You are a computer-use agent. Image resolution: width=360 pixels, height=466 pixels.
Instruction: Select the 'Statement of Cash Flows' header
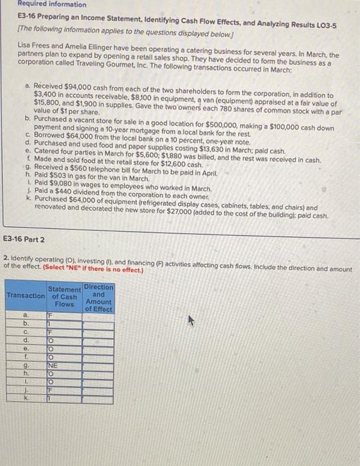(64, 296)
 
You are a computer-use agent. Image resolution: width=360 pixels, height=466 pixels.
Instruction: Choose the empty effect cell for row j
(98, 391)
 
